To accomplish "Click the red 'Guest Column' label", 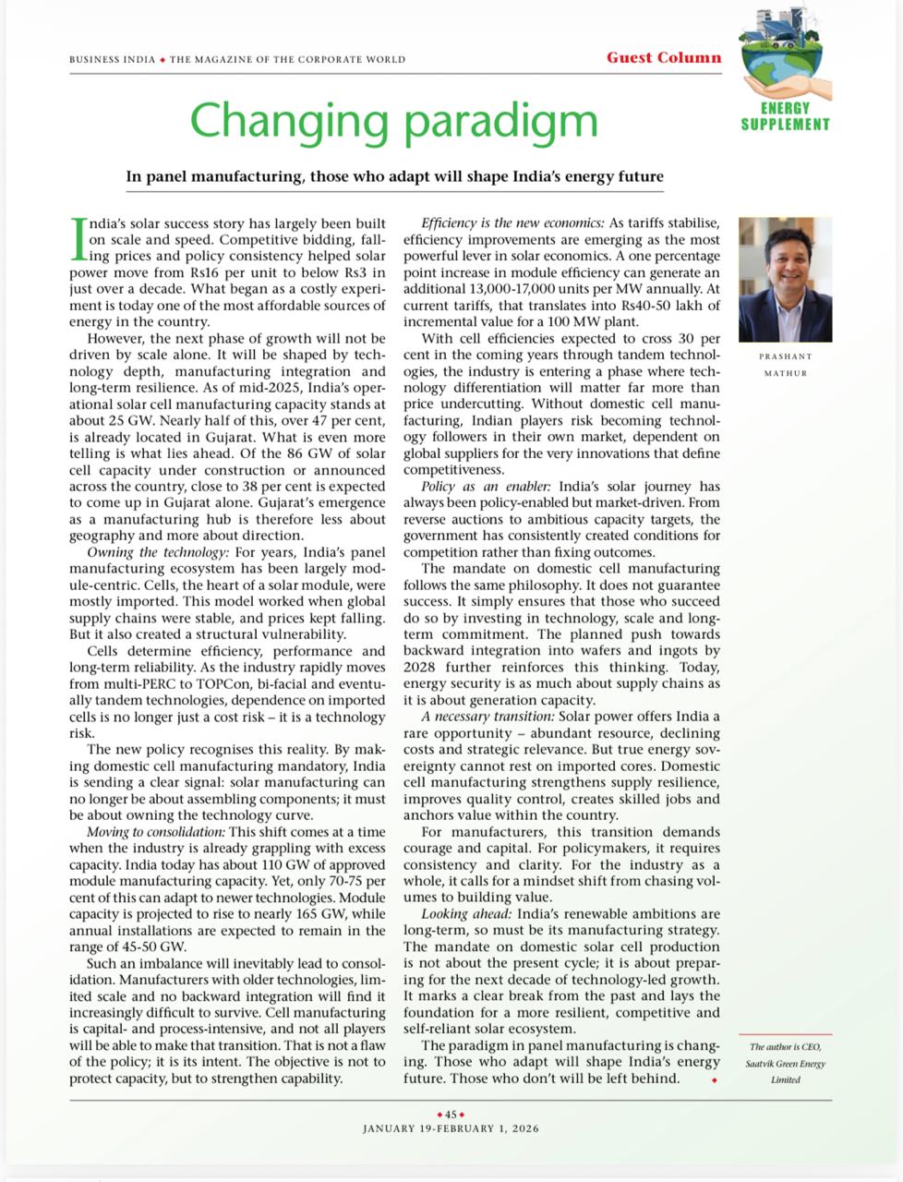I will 663,57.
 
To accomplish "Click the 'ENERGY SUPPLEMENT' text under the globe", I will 785,116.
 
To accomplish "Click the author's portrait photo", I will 785,279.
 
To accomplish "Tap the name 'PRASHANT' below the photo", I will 785,356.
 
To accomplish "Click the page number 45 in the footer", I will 451,1115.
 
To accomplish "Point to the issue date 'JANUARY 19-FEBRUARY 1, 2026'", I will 451,1128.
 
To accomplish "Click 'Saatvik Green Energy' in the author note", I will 785,1063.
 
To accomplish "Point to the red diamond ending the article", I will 715,1079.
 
